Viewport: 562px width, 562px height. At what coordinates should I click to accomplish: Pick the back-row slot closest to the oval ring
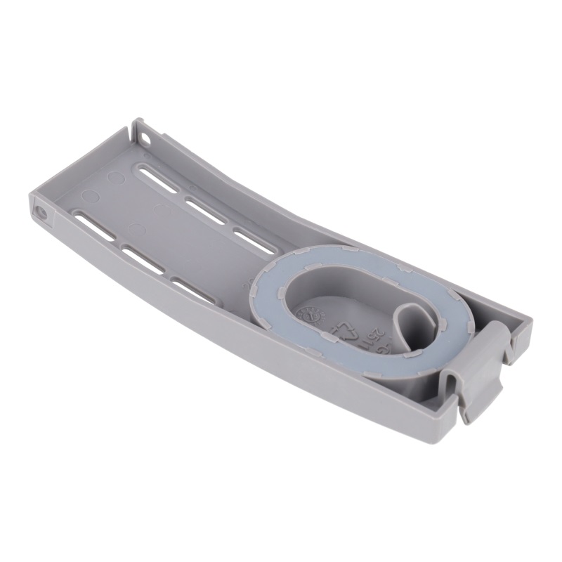253,240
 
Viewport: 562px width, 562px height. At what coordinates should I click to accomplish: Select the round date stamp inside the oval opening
309,313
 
